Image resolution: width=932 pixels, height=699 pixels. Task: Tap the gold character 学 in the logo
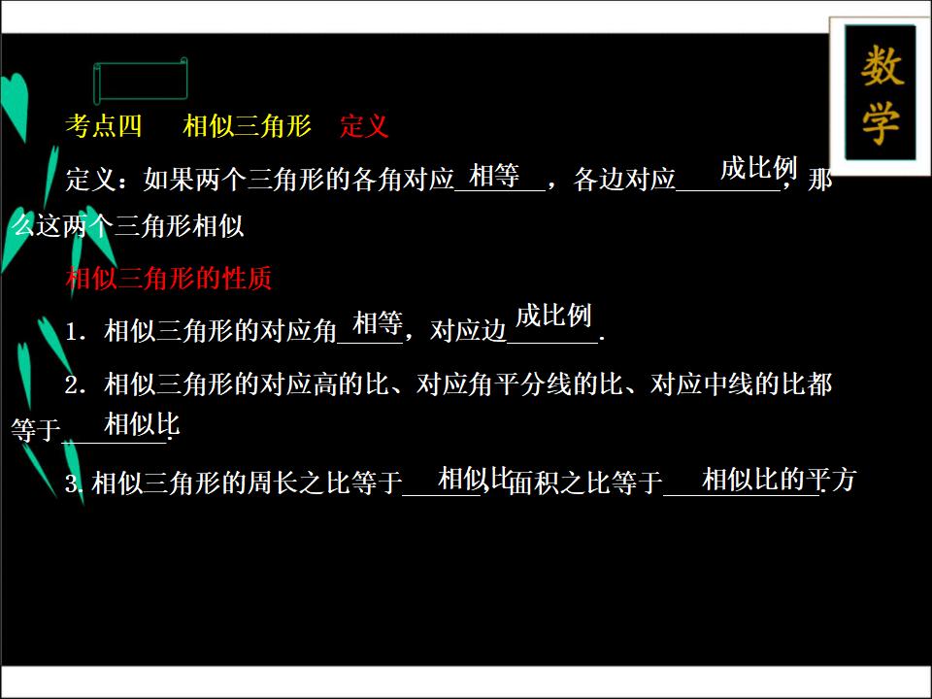point(881,123)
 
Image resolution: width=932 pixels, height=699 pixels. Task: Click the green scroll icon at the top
point(140,80)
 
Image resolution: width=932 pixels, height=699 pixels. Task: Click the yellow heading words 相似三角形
point(247,126)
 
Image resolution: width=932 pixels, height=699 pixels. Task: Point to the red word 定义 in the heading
point(364,126)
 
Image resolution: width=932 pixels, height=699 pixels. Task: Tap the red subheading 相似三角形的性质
point(169,279)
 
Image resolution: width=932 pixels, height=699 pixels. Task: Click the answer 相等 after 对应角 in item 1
point(378,323)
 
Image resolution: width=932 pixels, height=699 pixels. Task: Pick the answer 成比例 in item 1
point(553,316)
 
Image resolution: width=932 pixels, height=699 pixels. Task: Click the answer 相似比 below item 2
point(142,423)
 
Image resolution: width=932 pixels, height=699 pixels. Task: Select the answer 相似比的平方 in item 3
point(778,480)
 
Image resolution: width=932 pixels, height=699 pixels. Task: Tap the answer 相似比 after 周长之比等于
point(474,478)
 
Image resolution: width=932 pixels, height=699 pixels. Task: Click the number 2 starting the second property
point(71,385)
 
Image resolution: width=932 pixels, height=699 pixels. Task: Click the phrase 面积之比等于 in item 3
point(585,483)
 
